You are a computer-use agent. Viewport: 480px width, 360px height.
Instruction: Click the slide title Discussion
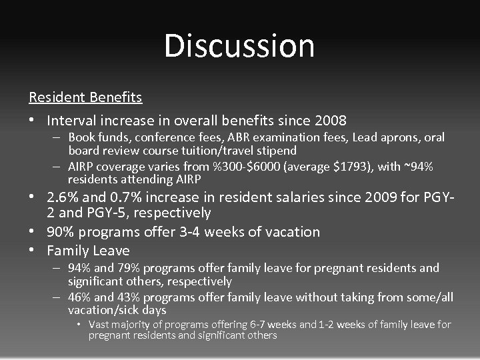(239, 46)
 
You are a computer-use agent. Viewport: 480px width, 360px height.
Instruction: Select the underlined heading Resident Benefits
(85, 97)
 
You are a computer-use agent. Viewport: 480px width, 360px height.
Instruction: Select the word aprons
(401, 137)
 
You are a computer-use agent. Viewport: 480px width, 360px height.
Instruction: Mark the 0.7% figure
(123, 198)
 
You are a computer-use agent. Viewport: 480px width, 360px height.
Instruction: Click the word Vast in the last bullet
(100, 325)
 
